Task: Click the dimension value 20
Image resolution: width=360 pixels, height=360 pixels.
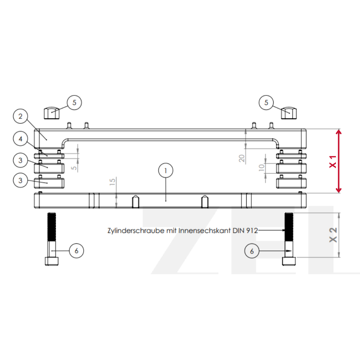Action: (242, 158)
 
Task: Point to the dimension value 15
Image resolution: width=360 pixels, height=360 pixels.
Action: (112, 182)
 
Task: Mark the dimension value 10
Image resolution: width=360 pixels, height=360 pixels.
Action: (261, 168)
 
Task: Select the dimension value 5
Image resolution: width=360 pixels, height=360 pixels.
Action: (74, 168)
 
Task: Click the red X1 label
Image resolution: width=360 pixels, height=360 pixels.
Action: (333, 162)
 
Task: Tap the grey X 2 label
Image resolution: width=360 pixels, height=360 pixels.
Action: (333, 235)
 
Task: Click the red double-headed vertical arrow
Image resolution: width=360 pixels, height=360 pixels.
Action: (339, 161)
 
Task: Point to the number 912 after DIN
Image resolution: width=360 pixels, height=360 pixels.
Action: (252, 230)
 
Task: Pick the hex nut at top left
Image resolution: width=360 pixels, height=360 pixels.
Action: (51, 113)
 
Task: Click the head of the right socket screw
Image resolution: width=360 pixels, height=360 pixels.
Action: (289, 261)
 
